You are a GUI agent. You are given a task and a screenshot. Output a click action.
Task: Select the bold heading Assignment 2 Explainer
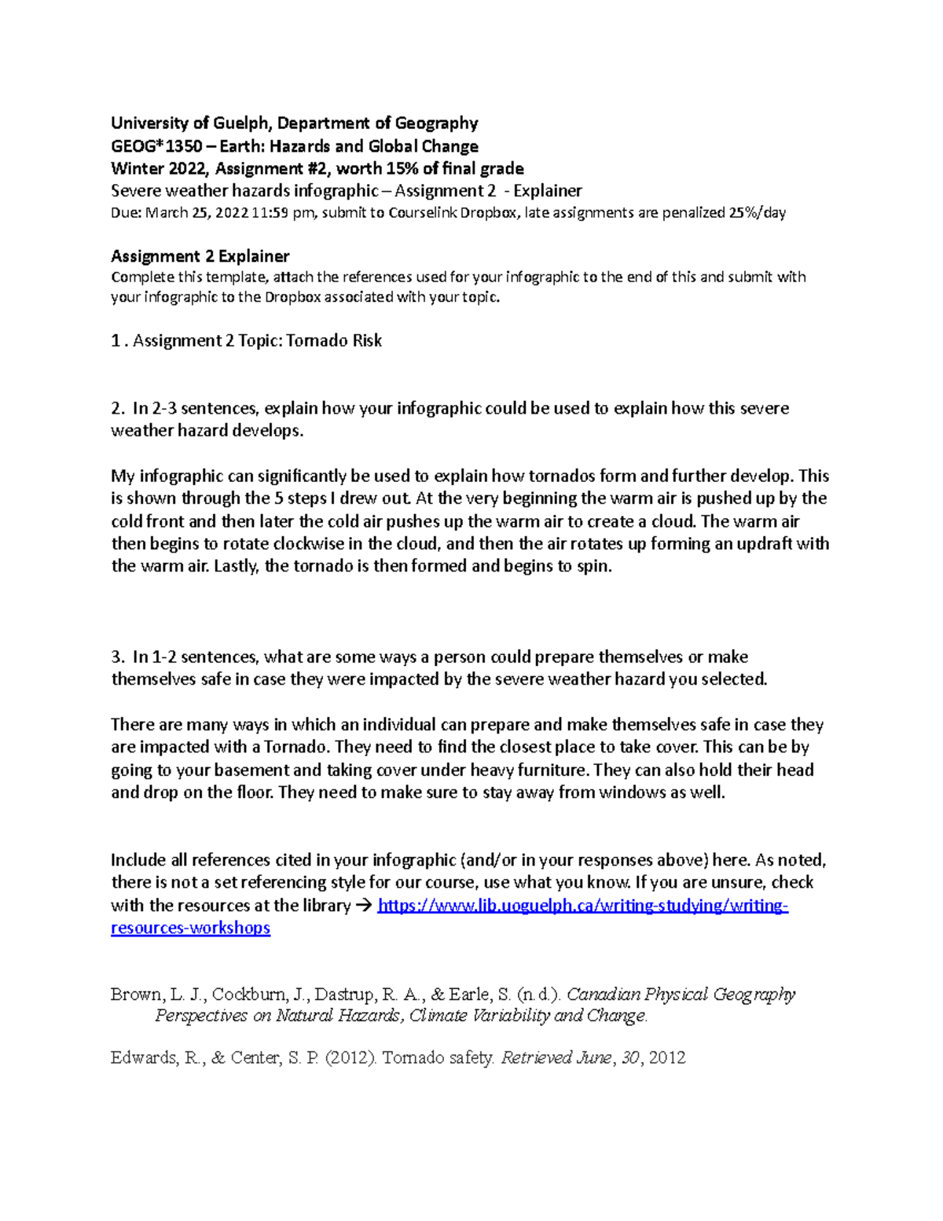[200, 256]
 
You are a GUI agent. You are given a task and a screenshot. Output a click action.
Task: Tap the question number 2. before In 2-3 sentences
[118, 408]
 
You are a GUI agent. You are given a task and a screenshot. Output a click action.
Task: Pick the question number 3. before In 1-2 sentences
[118, 656]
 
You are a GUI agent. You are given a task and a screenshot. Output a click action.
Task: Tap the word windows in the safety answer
[632, 792]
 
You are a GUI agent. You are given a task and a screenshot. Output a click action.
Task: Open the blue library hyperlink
[582, 905]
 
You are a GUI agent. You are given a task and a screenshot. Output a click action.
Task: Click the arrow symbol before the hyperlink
[364, 905]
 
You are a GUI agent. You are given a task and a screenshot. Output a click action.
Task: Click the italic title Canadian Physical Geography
[681, 995]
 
